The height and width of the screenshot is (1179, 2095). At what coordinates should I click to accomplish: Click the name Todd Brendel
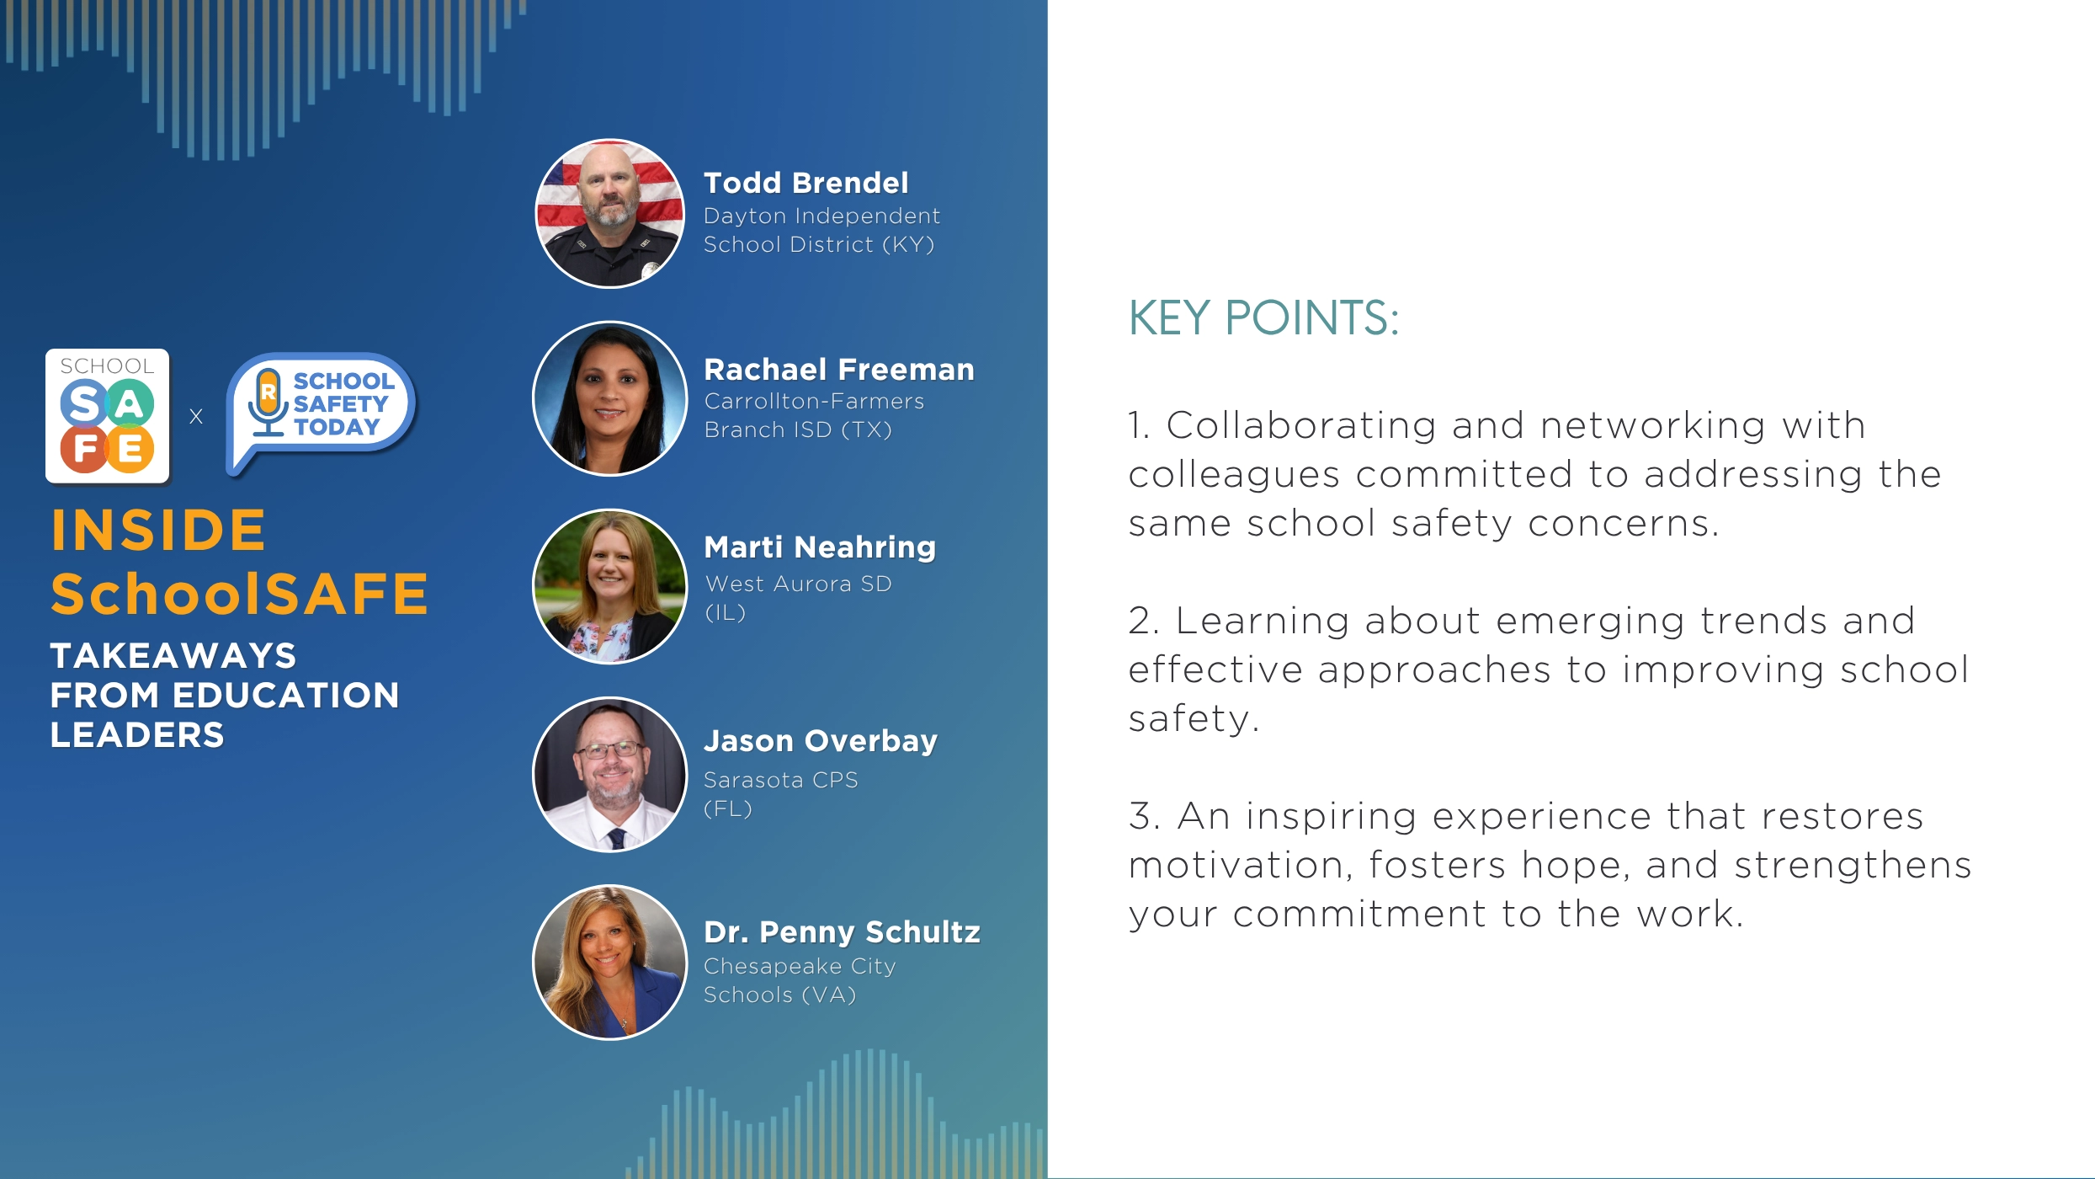click(x=806, y=183)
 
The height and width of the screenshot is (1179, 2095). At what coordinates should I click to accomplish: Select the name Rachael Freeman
click(x=839, y=370)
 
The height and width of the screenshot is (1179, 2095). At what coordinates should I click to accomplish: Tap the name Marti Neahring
click(x=820, y=547)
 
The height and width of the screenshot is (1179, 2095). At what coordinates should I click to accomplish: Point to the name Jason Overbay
click(x=821, y=741)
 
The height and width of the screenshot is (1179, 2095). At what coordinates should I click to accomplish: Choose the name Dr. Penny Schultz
click(x=842, y=932)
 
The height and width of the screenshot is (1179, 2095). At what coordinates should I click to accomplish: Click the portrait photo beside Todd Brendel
click(x=610, y=213)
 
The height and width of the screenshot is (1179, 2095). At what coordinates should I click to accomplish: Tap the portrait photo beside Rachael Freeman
click(x=610, y=398)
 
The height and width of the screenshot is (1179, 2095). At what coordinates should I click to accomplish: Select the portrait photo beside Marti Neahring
click(x=610, y=586)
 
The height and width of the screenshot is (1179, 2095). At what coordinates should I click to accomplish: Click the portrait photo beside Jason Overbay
click(x=610, y=774)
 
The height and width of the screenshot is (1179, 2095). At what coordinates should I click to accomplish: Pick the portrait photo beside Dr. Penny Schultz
click(x=610, y=962)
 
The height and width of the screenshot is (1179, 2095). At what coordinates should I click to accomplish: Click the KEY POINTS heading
click(x=1263, y=318)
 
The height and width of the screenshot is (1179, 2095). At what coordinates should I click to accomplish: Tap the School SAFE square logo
click(x=108, y=416)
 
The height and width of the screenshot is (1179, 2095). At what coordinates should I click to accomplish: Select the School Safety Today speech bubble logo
click(x=321, y=413)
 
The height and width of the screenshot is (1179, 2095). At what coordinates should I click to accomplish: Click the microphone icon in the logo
click(x=269, y=403)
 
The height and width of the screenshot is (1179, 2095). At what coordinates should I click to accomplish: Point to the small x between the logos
click(x=196, y=416)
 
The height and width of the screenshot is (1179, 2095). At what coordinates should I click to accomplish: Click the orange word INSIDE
click(x=158, y=530)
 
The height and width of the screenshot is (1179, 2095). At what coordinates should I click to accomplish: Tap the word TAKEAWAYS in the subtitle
click(x=173, y=655)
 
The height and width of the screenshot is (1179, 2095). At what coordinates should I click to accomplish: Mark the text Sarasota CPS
click(x=781, y=780)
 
